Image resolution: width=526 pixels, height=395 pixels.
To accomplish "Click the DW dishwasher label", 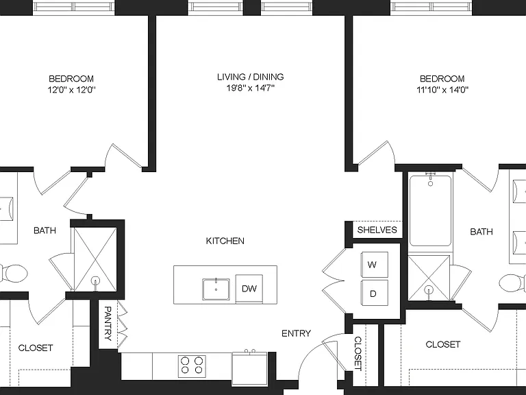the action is coord(249,289).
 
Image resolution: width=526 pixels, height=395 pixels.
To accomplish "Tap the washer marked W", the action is coord(375,264).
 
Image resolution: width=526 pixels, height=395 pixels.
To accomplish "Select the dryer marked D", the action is coord(375,294).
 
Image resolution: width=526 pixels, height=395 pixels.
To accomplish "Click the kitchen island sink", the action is coord(216,289).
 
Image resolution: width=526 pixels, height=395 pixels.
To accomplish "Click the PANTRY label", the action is coord(108,324).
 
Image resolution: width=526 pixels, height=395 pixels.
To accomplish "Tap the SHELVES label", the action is coord(377,230).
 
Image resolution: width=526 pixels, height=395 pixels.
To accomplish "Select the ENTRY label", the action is coord(296,333).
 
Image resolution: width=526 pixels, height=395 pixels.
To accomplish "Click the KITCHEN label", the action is coord(225,241).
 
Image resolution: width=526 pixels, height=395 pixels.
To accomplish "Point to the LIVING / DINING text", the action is coord(250,77).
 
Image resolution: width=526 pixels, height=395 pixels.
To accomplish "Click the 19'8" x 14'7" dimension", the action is coord(250,88).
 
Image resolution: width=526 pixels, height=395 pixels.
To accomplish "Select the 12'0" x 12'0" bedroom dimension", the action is coord(71,90).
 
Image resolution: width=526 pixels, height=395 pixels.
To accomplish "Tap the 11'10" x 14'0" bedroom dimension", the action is coord(442,90).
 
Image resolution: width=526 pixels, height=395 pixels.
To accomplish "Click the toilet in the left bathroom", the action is coord(14,274).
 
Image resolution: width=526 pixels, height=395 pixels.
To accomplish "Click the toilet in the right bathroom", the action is coord(512,283).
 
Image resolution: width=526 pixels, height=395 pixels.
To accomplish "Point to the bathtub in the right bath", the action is coord(430,211).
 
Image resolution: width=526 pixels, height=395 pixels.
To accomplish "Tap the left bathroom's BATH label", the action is coord(45,230).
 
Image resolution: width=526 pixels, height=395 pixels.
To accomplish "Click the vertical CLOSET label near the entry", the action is coord(358,354).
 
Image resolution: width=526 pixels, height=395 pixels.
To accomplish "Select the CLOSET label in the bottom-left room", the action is coord(36,348).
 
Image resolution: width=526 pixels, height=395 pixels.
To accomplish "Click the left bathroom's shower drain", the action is coord(96,281).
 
